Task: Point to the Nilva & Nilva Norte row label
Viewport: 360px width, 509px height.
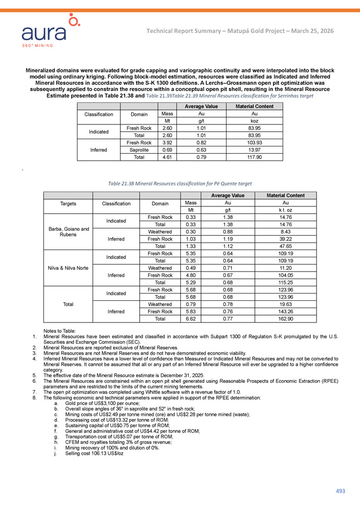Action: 68,268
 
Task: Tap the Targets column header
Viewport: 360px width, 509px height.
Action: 68,202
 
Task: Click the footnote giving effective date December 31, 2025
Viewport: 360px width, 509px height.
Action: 135,375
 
